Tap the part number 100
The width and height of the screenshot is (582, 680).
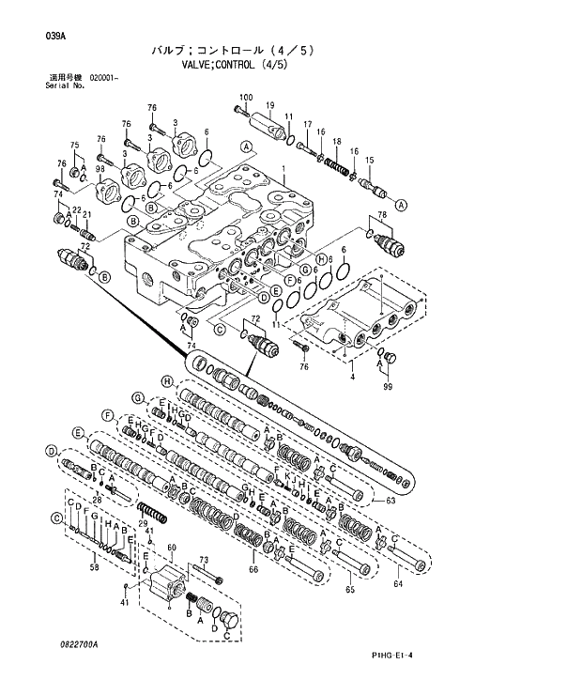[x=246, y=98]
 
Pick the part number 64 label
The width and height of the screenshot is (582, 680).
[x=398, y=584]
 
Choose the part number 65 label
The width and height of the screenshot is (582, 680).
[x=349, y=590]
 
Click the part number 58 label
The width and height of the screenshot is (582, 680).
[x=94, y=566]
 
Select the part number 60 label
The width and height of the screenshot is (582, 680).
[x=172, y=548]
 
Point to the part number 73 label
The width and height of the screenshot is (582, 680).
[x=203, y=560]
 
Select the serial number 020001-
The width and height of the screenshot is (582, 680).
[x=104, y=77]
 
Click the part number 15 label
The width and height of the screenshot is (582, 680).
[x=369, y=160]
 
